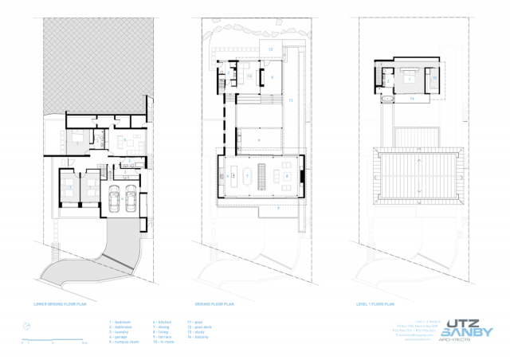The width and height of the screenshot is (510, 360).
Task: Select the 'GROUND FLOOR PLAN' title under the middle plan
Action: [x=214, y=304]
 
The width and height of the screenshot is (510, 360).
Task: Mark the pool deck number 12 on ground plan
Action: [x=270, y=49]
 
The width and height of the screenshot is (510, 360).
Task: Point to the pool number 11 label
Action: [x=291, y=101]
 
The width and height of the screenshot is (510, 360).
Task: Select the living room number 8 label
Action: [x=286, y=175]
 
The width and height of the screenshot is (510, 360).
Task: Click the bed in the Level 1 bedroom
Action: [x=409, y=78]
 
